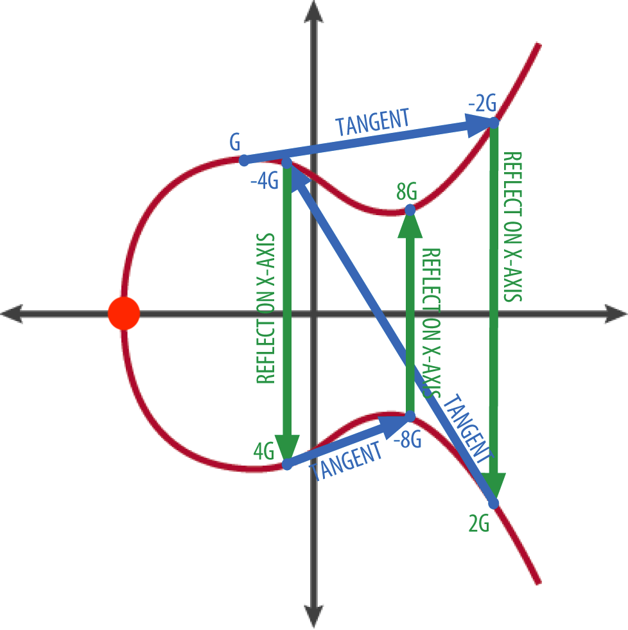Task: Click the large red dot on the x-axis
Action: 123,313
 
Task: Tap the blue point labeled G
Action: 243,159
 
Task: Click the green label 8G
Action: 406,191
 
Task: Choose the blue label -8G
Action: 406,441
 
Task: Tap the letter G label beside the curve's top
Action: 235,143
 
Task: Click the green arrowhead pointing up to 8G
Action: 410,225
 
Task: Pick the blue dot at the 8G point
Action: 410,209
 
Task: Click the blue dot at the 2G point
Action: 494,503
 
